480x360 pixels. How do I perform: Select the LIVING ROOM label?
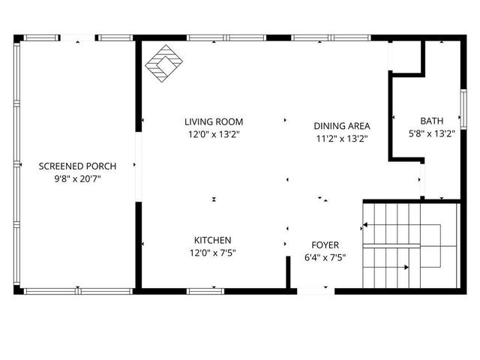[214, 121]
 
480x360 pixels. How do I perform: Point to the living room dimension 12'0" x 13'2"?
[214, 135]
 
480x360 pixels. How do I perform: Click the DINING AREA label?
[342, 125]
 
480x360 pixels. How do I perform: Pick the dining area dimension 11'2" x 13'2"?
[342, 139]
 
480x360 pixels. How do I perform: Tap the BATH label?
[431, 121]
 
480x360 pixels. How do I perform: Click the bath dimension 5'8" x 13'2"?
[431, 134]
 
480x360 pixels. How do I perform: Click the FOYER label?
[325, 245]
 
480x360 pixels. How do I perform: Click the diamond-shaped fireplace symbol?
[163, 64]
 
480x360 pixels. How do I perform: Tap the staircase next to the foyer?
[409, 245]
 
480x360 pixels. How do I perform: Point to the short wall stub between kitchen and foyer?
[288, 272]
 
